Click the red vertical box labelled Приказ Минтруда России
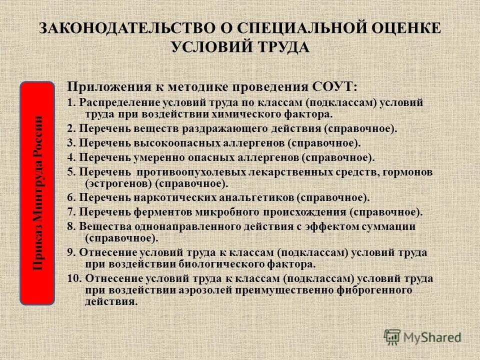click(37, 193)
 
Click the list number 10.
click(74, 278)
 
